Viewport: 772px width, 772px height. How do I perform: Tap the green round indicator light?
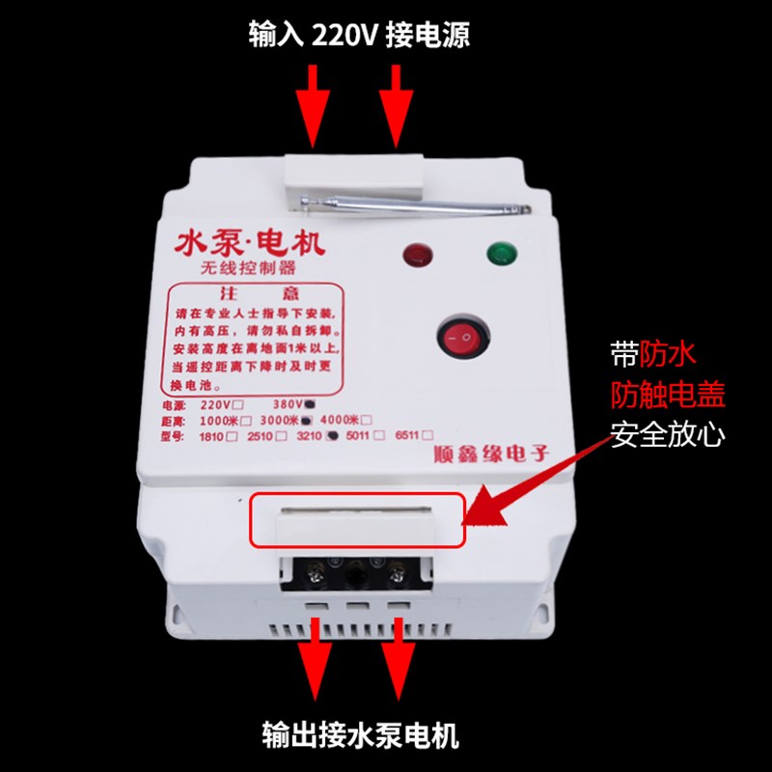pos(500,254)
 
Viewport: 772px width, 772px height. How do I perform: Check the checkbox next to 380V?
pos(309,403)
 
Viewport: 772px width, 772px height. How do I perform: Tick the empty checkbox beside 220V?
pos(238,403)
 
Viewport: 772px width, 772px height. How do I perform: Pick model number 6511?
pos(410,436)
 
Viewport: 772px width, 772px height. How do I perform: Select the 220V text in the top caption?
pos(344,36)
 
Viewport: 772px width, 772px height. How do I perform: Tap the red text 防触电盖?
pos(668,395)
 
